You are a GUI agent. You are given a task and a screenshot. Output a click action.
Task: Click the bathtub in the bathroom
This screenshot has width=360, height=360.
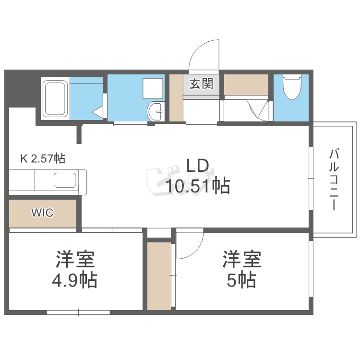(x=55, y=99)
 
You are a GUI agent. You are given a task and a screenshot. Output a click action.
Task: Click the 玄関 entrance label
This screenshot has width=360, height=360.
(x=201, y=84)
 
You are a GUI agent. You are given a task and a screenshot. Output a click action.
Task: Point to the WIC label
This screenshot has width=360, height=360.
(x=42, y=213)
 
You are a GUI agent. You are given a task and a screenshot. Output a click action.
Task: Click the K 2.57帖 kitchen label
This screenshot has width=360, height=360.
(x=42, y=158)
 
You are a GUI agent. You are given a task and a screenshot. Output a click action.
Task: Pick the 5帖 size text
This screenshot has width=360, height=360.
(x=241, y=279)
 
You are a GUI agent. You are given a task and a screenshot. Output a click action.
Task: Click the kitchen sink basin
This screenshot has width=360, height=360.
(x=64, y=180)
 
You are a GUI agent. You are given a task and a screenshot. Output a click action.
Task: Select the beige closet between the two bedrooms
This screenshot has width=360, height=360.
(x=159, y=276)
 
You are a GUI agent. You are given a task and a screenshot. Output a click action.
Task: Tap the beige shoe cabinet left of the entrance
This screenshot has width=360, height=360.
(x=177, y=98)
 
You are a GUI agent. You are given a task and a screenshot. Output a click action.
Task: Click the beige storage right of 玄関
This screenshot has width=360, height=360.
(x=246, y=84)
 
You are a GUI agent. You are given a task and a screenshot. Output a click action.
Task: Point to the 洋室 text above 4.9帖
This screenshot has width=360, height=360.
(x=75, y=260)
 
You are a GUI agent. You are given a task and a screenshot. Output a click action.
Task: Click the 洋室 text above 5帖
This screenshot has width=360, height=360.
(x=241, y=260)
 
